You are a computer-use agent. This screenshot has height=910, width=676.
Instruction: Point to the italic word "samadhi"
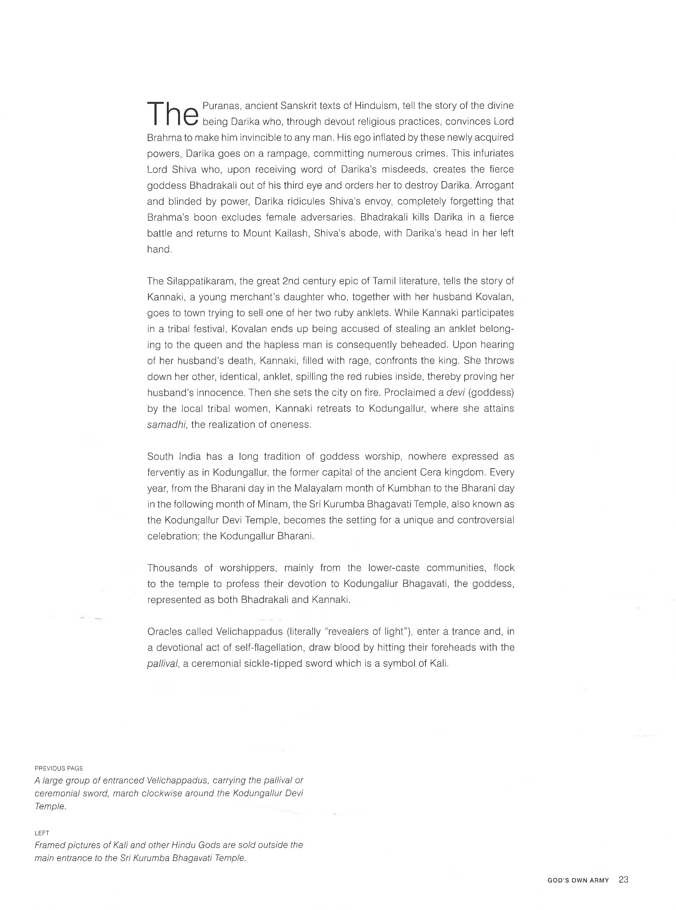[x=167, y=424]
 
